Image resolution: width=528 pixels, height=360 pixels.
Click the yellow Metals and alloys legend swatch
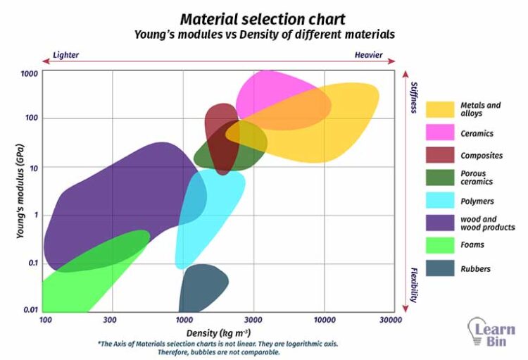[439, 109]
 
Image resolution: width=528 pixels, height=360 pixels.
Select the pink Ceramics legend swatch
[439, 132]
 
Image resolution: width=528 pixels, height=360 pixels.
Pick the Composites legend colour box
[439, 155]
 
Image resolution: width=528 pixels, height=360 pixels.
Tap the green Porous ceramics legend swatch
[439, 178]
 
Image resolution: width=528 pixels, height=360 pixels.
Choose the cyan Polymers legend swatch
[439, 201]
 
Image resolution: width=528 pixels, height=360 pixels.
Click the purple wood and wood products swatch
[439, 223]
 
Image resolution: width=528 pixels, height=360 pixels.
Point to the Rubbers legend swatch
[439, 268]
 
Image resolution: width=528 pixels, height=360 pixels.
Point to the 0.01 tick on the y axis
[30, 311]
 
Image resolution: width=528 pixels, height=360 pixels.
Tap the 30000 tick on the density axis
[391, 321]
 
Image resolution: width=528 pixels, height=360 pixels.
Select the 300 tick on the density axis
[111, 321]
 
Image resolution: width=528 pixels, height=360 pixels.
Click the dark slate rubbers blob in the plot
[202, 285]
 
